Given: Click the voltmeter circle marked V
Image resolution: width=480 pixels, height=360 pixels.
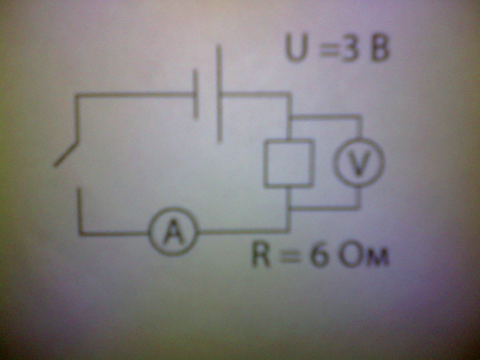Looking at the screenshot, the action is [x=359, y=162].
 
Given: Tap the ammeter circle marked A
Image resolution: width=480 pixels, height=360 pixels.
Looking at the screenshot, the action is [x=173, y=232].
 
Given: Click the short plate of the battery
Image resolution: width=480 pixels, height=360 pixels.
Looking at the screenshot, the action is [x=196, y=94].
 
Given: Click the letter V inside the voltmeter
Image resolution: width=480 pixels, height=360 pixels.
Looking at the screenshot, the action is [x=359, y=162].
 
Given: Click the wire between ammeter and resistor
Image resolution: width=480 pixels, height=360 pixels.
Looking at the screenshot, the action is [x=244, y=232].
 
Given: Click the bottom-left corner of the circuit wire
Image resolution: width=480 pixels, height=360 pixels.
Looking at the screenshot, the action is [x=80, y=233].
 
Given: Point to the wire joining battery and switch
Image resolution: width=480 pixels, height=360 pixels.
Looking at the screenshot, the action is [x=136, y=95].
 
